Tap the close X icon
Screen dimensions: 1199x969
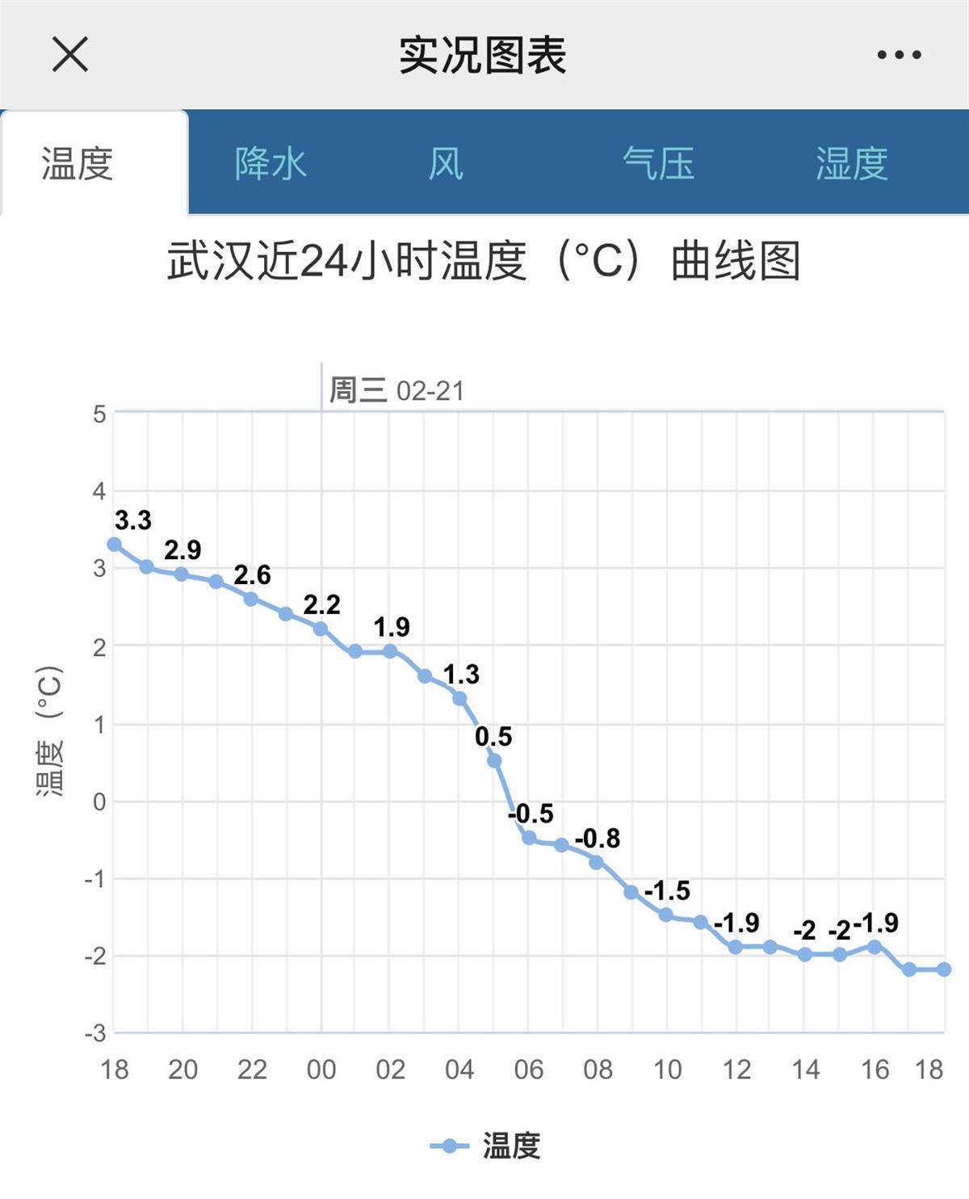(70, 55)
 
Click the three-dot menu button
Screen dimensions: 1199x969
(899, 55)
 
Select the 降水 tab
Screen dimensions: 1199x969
(271, 163)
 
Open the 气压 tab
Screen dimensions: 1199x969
(658, 163)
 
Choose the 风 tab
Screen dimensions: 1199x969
(446, 163)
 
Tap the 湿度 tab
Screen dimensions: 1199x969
(851, 163)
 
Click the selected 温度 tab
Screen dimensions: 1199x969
(78, 163)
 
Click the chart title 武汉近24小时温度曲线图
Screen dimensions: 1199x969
(483, 262)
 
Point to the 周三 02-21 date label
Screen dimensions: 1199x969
(396, 391)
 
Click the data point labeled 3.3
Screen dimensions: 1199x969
(114, 545)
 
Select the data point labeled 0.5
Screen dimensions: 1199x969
(494, 760)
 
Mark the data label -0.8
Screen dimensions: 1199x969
(598, 839)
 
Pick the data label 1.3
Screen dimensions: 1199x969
(461, 674)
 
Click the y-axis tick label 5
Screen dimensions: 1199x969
(99, 414)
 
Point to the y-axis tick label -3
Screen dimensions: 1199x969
(95, 1033)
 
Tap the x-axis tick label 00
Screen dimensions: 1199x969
(321, 1070)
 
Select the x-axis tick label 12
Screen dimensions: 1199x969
(736, 1070)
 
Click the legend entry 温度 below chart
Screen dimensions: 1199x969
(486, 1146)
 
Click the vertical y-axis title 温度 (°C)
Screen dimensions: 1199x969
(49, 730)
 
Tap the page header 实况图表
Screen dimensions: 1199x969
(483, 55)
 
